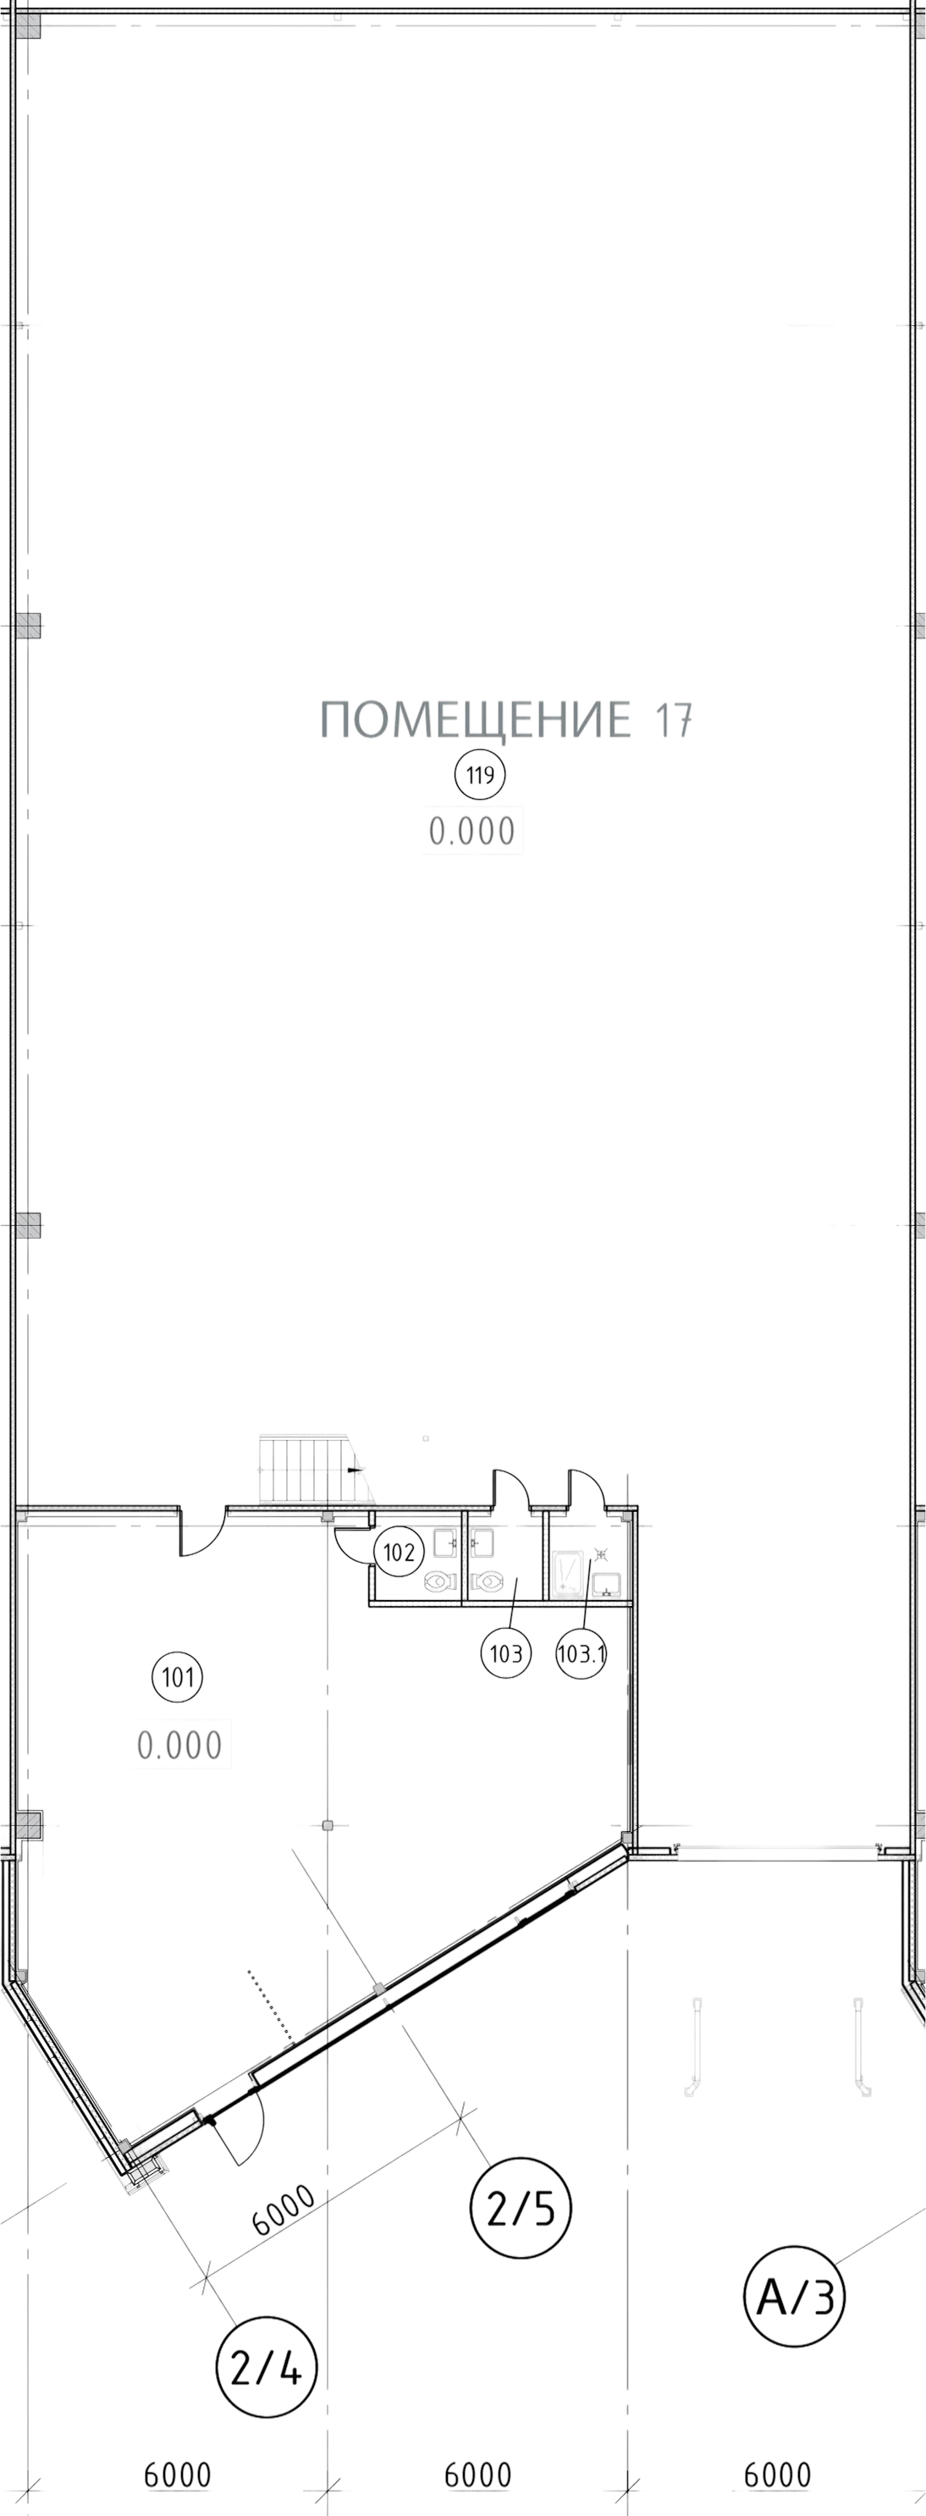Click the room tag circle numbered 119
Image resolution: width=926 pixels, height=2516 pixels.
tap(480, 775)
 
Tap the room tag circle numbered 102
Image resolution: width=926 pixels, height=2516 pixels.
tap(400, 1552)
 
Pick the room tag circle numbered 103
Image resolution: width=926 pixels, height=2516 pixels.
tap(506, 1653)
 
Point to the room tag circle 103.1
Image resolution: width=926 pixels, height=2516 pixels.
tap(582, 1653)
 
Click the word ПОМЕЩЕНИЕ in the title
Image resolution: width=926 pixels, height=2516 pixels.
tap(476, 720)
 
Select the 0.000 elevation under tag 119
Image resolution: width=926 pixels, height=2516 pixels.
tap(471, 831)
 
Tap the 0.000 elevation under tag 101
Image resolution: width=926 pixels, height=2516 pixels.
tap(179, 1745)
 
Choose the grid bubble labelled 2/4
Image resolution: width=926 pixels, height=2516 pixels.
tap(267, 2369)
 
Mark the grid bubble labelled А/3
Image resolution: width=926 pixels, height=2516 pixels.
tap(794, 2296)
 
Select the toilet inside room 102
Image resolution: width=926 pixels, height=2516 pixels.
tap(439, 1581)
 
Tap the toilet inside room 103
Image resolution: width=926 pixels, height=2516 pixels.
tap(487, 1581)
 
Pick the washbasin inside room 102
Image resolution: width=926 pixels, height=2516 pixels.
tap(445, 1542)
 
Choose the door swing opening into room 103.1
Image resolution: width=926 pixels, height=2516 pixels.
tap(586, 1491)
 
